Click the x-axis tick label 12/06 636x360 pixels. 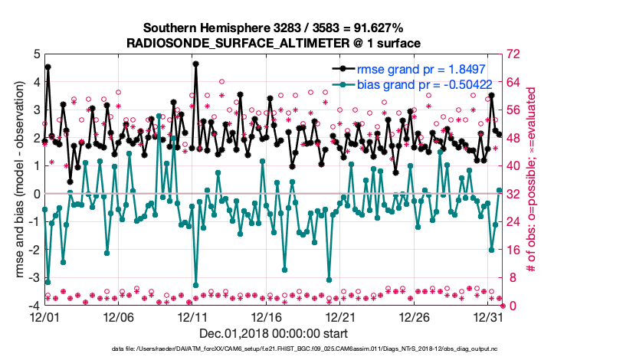118,316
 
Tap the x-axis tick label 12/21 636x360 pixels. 340,316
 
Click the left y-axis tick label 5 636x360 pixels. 37,54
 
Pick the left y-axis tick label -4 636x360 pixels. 34,306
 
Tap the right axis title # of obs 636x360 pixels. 532,179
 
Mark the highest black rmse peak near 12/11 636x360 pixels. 196,64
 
